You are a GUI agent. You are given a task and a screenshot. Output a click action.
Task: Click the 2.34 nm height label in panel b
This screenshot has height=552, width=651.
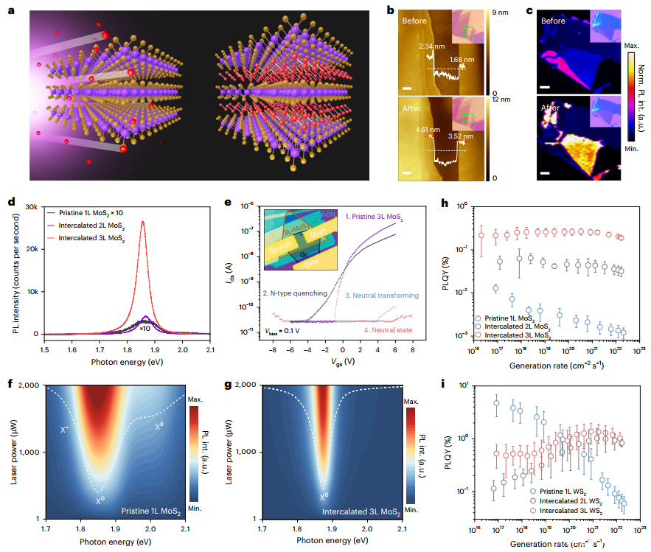click(x=431, y=46)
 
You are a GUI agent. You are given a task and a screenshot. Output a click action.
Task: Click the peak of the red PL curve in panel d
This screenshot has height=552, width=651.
click(x=143, y=221)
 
